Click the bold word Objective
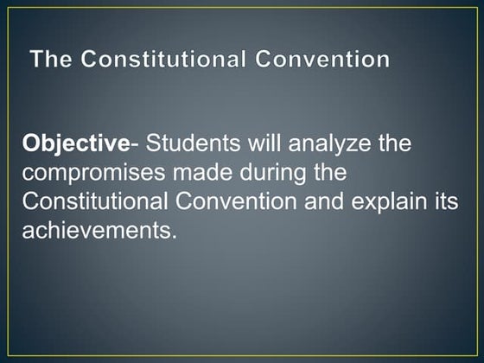coord(69,143)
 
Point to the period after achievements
coord(173,238)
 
